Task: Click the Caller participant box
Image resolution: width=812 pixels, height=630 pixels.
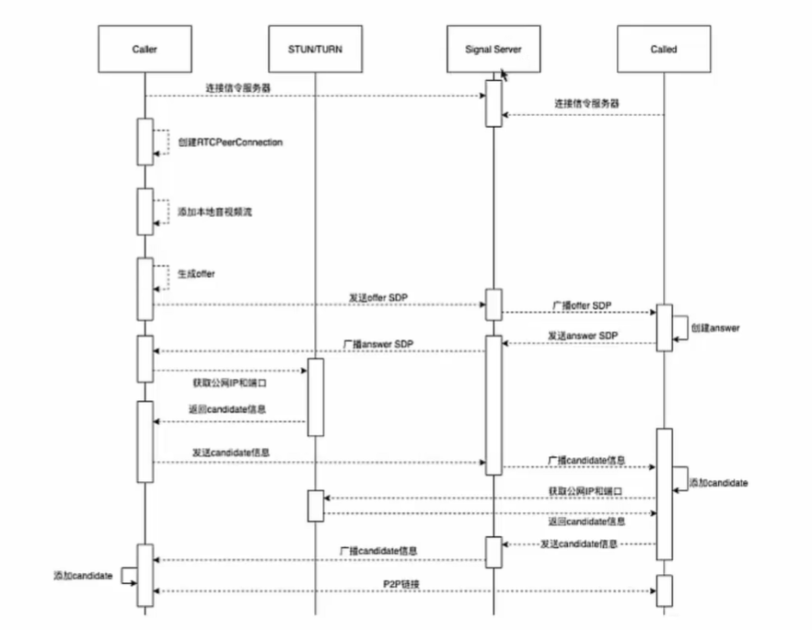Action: point(145,49)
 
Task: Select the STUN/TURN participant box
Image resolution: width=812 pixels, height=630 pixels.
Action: point(315,49)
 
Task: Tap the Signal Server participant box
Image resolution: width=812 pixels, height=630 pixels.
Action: point(493,49)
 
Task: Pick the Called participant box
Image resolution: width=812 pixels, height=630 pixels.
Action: point(663,49)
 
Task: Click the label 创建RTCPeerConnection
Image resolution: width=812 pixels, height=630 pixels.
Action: point(230,143)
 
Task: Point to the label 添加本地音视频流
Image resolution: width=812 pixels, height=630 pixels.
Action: point(215,212)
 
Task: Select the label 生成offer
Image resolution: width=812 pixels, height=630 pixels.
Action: point(196,273)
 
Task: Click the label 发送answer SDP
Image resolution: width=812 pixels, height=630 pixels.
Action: point(582,336)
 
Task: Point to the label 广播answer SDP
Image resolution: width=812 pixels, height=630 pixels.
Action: point(377,344)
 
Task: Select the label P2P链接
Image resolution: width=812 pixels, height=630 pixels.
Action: point(404,583)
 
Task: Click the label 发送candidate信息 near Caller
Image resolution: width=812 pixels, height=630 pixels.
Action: point(230,452)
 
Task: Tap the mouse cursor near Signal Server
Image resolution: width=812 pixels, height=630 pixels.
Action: point(504,73)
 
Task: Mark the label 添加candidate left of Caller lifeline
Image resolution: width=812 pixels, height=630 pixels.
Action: point(83,575)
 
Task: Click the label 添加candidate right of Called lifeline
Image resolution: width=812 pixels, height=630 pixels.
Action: point(718,482)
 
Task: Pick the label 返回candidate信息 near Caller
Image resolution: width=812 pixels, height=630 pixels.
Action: point(228,407)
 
